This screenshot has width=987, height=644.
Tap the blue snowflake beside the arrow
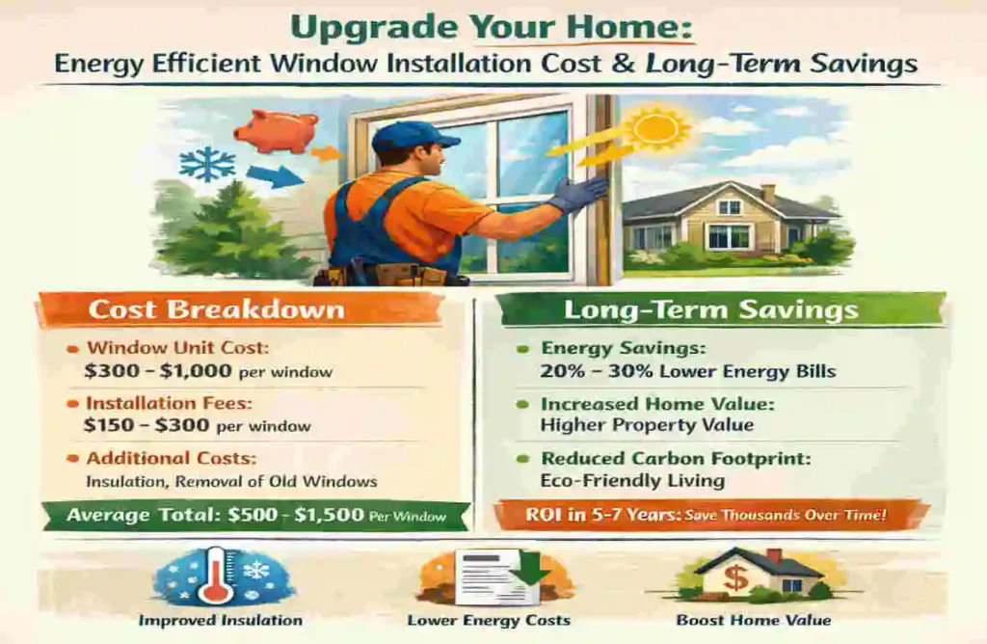[x=206, y=164]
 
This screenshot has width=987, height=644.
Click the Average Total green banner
[x=256, y=515]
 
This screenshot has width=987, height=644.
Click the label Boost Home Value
[x=754, y=620]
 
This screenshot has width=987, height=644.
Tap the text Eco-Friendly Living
[x=632, y=479]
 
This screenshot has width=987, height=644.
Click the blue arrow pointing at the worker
[x=273, y=176]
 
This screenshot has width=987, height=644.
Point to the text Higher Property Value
[x=647, y=425]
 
